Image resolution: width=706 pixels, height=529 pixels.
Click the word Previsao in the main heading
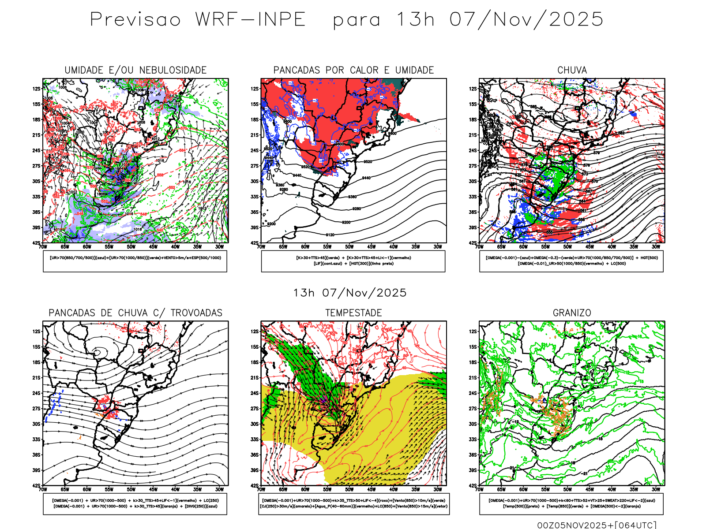[x=135, y=20]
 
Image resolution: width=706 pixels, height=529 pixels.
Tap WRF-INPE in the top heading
[x=251, y=20]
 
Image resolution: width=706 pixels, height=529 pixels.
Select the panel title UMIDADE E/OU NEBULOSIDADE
[x=135, y=70]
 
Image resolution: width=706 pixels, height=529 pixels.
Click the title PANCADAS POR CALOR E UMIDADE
[x=353, y=70]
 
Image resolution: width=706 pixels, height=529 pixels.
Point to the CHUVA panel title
[x=572, y=70]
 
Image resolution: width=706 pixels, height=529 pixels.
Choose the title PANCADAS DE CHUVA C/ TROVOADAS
[x=135, y=313]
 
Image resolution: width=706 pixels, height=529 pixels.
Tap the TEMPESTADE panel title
[x=353, y=313]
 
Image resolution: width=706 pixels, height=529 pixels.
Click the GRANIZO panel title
[x=572, y=313]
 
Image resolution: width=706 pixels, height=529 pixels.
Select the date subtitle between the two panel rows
[x=350, y=293]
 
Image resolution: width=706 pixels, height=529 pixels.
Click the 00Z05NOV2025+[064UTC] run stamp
[x=597, y=525]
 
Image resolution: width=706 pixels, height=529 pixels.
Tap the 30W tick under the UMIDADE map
[x=219, y=247]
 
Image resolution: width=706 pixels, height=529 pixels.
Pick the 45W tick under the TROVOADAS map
[x=153, y=489]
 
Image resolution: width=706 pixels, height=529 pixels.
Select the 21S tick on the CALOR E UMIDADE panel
[x=255, y=135]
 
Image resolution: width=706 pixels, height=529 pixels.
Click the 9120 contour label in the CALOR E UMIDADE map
[x=330, y=235]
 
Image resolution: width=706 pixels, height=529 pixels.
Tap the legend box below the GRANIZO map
[x=571, y=503]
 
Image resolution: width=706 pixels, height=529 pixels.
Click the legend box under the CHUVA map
[x=571, y=261]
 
